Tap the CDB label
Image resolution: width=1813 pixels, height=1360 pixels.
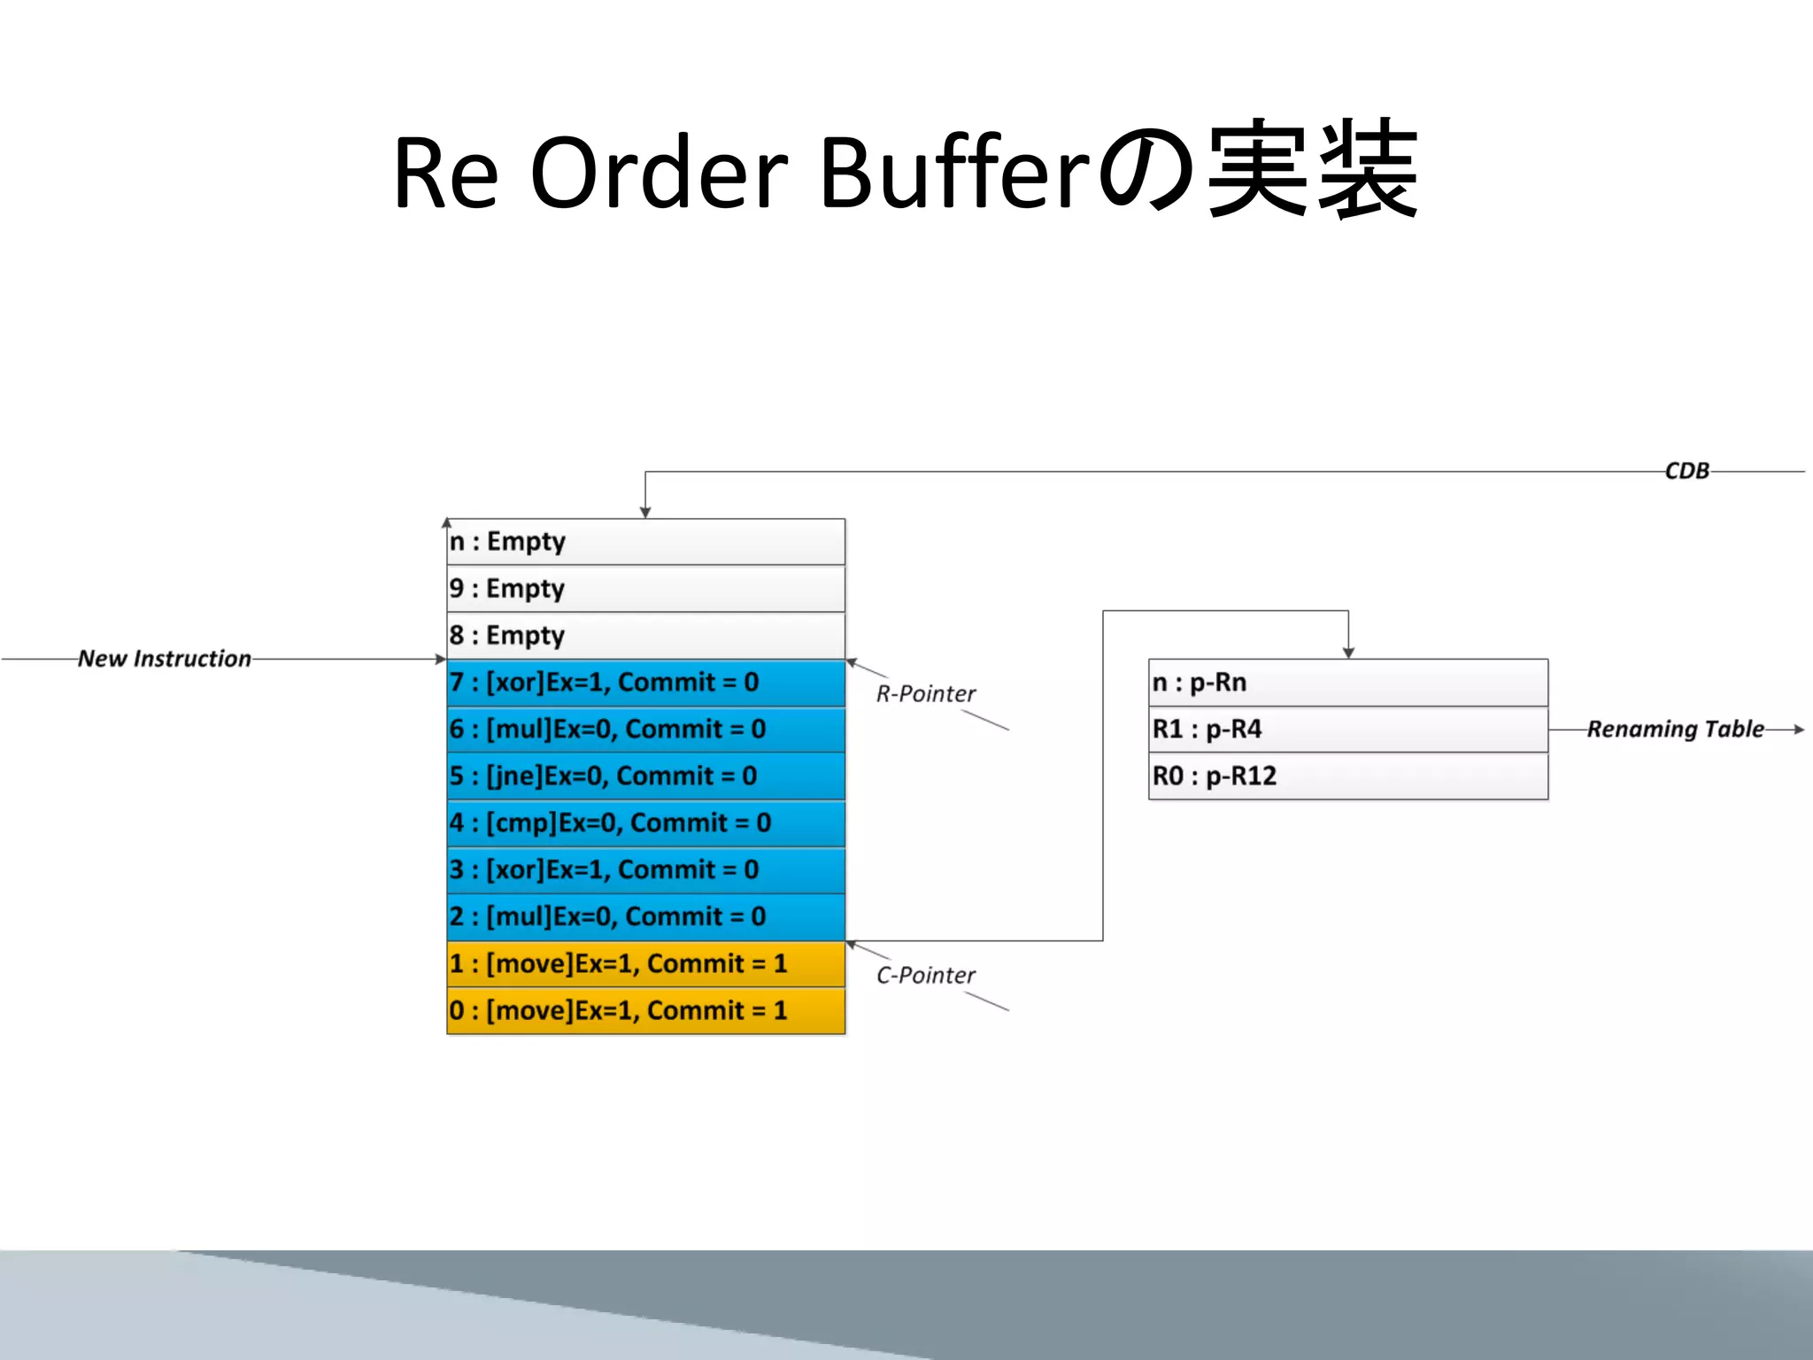click(x=1686, y=471)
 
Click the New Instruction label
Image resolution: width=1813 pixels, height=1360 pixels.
click(x=165, y=659)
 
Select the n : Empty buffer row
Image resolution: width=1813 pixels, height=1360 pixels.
click(x=645, y=541)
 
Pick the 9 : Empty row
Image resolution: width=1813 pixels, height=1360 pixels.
click(x=645, y=588)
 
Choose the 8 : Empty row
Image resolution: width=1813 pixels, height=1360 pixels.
click(x=645, y=635)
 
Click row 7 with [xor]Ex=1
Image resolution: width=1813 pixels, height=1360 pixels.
click(x=645, y=683)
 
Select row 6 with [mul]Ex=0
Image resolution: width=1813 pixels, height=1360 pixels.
click(x=645, y=730)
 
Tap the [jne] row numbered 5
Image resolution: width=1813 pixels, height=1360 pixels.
click(x=645, y=777)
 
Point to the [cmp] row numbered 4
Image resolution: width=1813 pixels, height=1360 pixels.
click(x=645, y=823)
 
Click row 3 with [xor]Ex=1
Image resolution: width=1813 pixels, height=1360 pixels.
click(x=645, y=870)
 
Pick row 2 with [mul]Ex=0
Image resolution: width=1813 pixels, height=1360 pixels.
click(x=645, y=917)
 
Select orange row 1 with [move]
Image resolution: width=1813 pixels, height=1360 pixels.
click(x=645, y=964)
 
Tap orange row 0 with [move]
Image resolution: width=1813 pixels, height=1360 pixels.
click(x=645, y=1011)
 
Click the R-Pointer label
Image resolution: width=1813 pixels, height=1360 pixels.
click(x=925, y=694)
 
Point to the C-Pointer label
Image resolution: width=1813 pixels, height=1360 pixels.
click(x=925, y=976)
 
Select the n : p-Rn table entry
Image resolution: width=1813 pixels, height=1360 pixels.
click(x=1347, y=683)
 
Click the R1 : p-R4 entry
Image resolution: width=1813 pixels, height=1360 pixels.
click(x=1347, y=730)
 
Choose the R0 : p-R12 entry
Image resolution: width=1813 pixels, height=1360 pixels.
click(x=1347, y=777)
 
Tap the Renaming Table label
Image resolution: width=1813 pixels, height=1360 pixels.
click(x=1675, y=730)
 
